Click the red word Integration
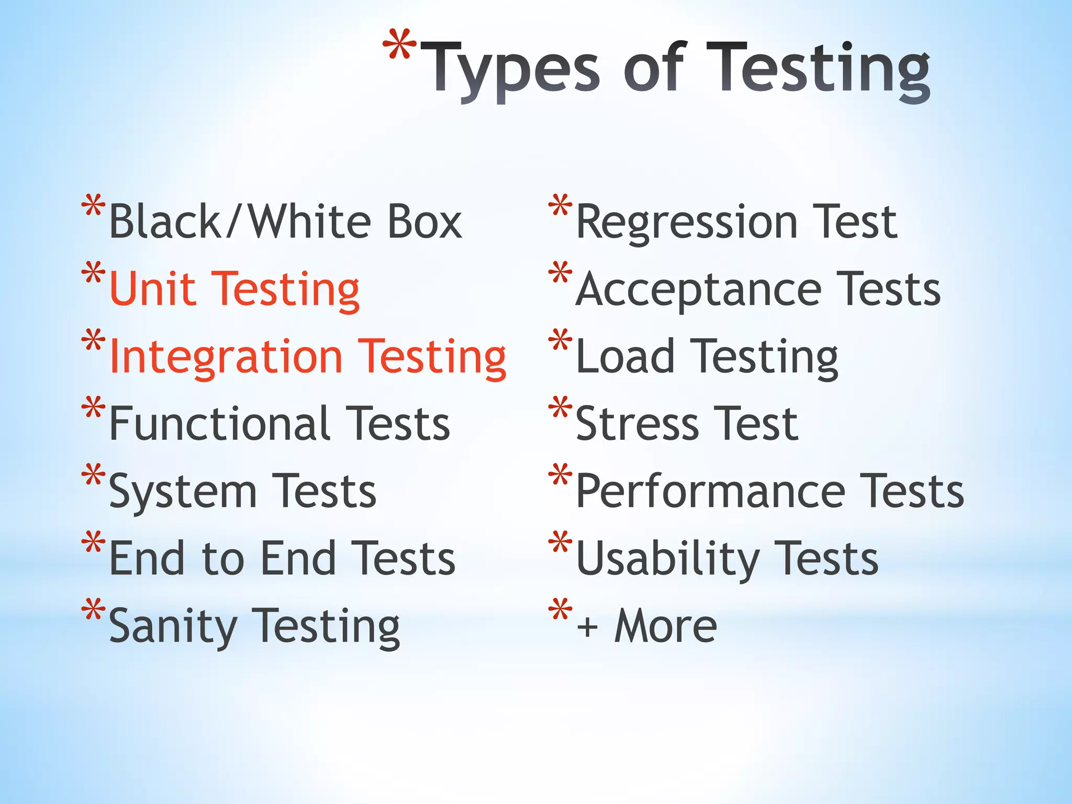(226, 356)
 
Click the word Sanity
(173, 627)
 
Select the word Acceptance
(698, 289)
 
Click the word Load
(625, 356)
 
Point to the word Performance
(710, 491)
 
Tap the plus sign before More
(587, 627)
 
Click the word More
(665, 626)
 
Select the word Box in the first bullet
(417, 222)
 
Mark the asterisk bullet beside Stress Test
(560, 408)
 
